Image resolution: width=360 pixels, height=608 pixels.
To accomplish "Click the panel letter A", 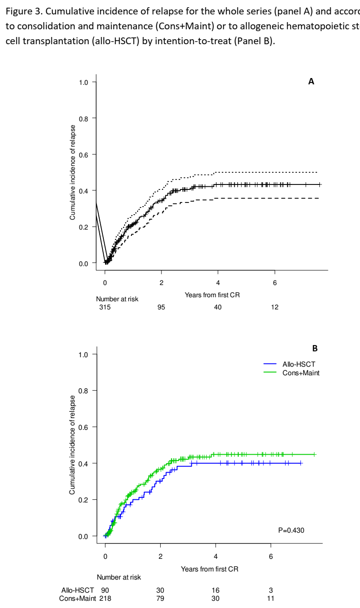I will pos(311,82).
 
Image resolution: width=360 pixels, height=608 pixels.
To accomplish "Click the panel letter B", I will pos(315,348).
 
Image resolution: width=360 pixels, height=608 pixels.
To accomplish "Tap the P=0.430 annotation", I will pos(291,530).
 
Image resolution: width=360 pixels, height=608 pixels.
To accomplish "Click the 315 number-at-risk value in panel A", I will pos(105,307).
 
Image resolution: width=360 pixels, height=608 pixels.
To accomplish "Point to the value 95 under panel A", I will pos(161,307).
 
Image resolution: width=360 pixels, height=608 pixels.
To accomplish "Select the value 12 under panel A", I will pos(275,307).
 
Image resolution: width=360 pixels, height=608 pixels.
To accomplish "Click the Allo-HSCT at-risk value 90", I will pos(105,590).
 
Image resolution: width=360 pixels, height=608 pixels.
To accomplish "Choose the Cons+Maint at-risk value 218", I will pos(105,599).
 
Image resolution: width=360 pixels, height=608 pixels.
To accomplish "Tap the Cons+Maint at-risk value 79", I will pos(160,599).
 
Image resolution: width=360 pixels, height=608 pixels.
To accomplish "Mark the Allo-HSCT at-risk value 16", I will pos(216,590).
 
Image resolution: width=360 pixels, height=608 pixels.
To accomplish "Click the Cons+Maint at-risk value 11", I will pos(271,599).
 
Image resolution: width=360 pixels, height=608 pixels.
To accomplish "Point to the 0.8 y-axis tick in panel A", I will pos(84,118).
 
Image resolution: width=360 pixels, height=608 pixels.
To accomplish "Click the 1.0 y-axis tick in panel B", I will pos(84,354).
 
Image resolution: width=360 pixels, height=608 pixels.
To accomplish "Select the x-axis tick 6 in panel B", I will pos(271,556).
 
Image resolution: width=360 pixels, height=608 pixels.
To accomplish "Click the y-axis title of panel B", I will pos(72,451).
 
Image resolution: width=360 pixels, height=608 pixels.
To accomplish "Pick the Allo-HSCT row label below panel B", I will pos(78,590).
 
